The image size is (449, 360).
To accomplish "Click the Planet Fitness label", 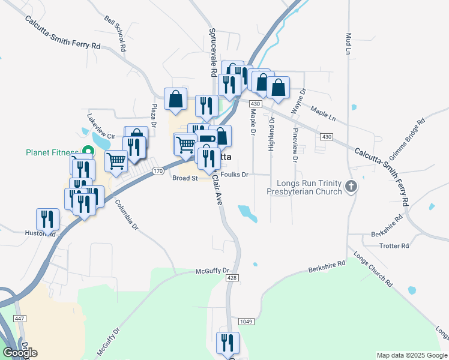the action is (52, 152).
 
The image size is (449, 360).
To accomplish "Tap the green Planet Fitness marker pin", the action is (88, 152).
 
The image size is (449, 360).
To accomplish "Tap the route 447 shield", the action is (20, 317).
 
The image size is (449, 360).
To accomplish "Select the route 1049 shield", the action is (245, 322).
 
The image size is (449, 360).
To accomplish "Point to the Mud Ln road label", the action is (348, 42).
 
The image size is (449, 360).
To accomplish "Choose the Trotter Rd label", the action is (397, 246).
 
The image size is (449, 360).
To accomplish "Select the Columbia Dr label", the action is (127, 215).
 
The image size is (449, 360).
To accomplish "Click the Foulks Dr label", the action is (234, 175).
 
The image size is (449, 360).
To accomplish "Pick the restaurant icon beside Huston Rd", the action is (47, 219).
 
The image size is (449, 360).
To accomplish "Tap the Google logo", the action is (20, 352).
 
